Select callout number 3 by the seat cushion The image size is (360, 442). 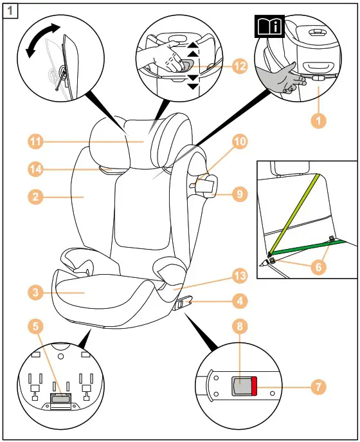[x=36, y=291]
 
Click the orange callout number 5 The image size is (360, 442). [x=36, y=326]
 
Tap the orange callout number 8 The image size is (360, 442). [x=239, y=326]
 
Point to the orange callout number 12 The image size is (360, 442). [x=239, y=66]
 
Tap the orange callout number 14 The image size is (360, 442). [x=36, y=169]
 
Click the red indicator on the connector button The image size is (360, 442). [x=254, y=387]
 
